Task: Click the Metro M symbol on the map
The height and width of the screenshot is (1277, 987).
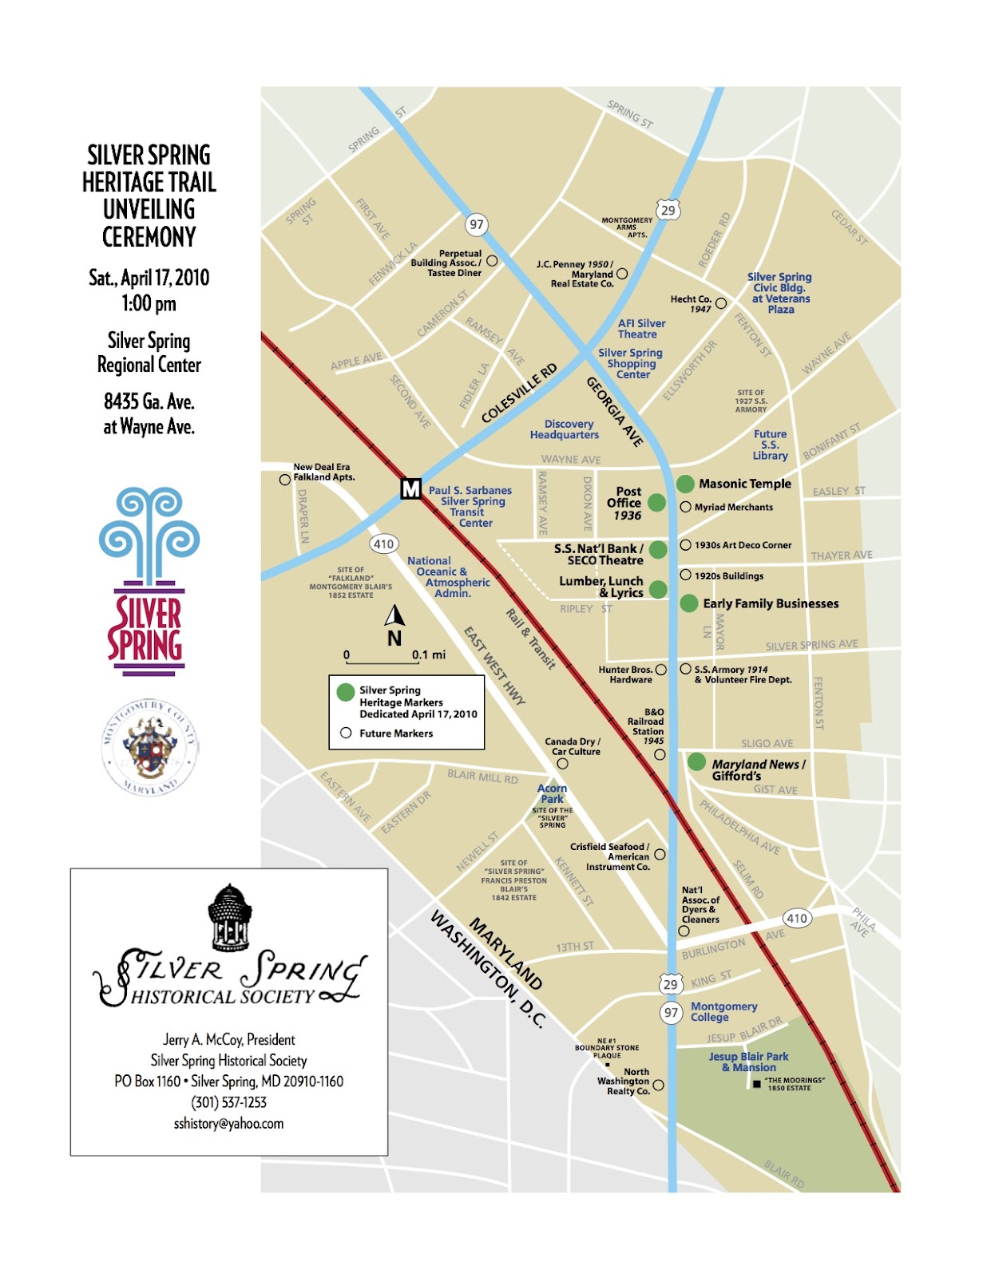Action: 410,488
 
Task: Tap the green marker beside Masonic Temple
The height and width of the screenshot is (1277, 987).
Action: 685,484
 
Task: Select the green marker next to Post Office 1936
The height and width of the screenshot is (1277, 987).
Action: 656,502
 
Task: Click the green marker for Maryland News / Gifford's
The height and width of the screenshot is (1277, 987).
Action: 696,761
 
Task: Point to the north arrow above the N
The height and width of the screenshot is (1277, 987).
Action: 394,615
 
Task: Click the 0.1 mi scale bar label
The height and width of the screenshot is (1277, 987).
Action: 429,654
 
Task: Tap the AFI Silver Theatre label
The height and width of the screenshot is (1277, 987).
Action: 641,329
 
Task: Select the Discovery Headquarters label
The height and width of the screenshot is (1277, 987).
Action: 565,429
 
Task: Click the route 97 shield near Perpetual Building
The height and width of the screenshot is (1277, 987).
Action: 477,224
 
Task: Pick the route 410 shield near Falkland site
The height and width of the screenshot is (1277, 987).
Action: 384,544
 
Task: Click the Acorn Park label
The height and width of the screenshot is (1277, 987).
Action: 552,793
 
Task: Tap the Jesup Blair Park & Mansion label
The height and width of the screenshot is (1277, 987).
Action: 748,1062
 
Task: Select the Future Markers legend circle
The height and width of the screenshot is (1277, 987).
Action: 346,733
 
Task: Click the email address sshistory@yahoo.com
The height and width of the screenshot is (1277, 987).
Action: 228,1124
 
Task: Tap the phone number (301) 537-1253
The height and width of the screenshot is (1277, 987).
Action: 228,1102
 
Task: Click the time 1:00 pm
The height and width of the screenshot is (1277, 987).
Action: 149,303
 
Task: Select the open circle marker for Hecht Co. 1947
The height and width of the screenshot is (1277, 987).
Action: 721,303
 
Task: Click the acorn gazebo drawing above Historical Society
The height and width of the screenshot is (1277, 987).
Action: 230,918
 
